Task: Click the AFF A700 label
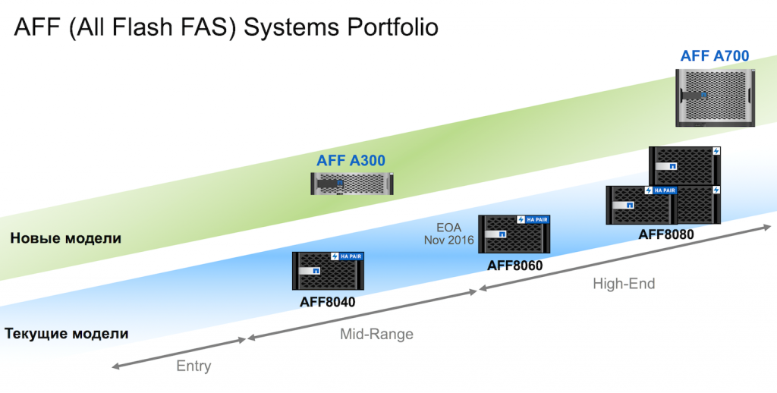point(715,55)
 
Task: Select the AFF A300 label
point(351,160)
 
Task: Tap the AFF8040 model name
point(327,301)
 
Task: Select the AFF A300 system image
point(355,183)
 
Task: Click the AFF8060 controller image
point(514,234)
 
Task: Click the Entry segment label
point(193,366)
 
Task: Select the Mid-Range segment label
point(376,334)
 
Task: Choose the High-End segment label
point(623,284)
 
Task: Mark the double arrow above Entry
point(179,353)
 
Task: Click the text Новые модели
point(66,238)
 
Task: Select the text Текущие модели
point(66,333)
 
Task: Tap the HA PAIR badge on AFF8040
point(351,256)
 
